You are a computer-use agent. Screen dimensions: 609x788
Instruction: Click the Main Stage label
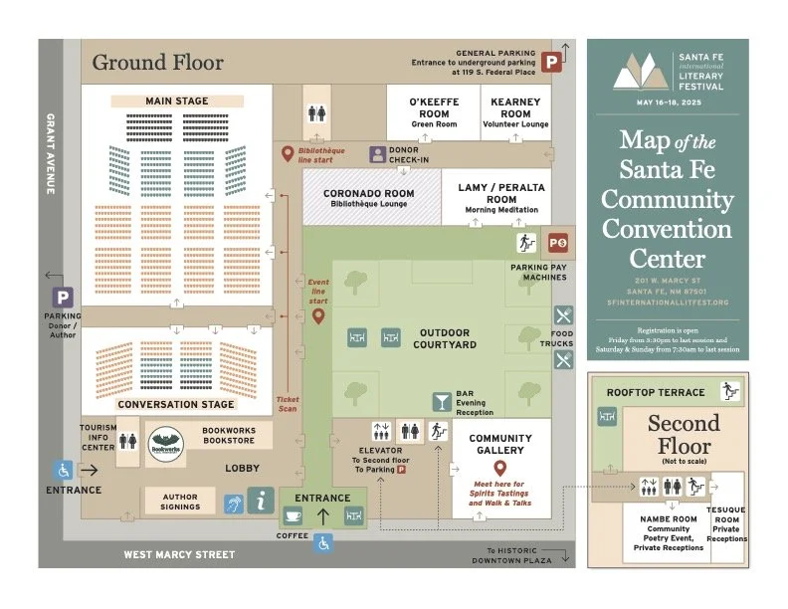176,101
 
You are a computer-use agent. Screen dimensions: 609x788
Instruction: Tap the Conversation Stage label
176,405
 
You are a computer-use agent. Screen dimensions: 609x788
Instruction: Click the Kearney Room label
515,107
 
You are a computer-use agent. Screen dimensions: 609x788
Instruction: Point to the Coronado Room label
369,194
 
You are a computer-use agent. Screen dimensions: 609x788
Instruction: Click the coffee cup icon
294,515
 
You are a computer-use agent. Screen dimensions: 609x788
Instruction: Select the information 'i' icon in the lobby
261,500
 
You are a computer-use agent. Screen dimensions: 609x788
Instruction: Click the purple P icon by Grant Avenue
64,298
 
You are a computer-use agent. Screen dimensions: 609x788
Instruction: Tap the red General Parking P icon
551,60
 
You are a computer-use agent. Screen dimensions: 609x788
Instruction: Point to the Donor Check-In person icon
378,154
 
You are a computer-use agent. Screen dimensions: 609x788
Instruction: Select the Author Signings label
179,501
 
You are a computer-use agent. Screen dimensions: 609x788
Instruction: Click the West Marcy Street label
179,555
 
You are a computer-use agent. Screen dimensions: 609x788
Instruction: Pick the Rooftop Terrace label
656,392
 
